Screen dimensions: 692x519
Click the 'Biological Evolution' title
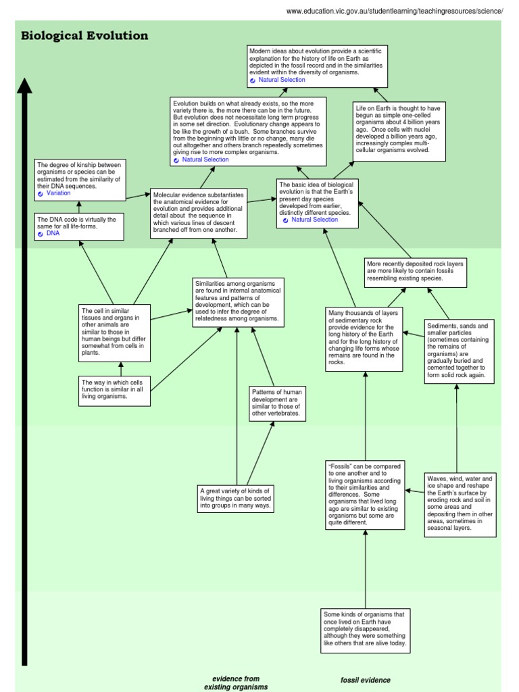click(x=84, y=36)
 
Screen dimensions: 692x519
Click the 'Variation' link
click(x=58, y=193)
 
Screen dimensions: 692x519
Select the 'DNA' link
click(x=53, y=233)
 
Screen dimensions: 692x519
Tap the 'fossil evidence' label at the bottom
click(x=366, y=680)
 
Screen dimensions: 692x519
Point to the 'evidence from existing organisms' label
click(x=236, y=683)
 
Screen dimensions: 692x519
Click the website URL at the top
click(x=395, y=11)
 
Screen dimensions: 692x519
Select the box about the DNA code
click(x=79, y=226)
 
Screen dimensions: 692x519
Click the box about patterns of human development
click(x=276, y=403)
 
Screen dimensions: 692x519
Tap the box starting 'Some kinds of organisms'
click(x=366, y=629)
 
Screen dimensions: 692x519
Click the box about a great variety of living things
click(x=236, y=498)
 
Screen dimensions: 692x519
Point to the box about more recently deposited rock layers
click(x=415, y=270)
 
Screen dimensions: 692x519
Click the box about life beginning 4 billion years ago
click(x=399, y=132)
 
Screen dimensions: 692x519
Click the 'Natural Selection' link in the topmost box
click(x=281, y=80)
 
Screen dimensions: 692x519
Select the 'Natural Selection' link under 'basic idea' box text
click(x=314, y=220)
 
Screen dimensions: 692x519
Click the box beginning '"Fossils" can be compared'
click(x=366, y=495)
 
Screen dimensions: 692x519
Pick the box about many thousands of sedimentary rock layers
click(x=364, y=339)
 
